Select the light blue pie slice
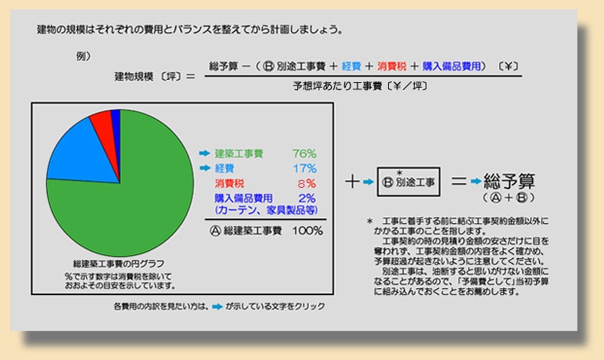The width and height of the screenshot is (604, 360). (x=83, y=154)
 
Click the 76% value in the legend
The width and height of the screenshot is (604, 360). (x=304, y=154)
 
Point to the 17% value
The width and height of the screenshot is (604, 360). (x=304, y=168)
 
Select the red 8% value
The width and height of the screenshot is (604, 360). (x=307, y=183)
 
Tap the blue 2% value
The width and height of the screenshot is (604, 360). (x=307, y=198)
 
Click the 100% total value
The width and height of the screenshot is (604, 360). (x=307, y=231)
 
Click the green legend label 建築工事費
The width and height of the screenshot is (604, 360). (x=239, y=154)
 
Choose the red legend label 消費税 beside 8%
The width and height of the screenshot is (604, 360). (x=229, y=183)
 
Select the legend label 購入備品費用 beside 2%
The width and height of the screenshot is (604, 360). (x=243, y=198)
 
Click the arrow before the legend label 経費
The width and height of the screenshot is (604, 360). (x=205, y=168)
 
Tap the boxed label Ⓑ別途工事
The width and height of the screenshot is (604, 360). (x=408, y=182)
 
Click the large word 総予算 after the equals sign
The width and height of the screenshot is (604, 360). (x=509, y=181)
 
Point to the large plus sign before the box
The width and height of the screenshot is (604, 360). (x=352, y=181)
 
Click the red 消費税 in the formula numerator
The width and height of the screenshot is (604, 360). (x=391, y=67)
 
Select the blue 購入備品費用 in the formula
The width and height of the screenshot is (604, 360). (x=451, y=67)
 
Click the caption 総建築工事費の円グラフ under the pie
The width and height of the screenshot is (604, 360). (x=119, y=264)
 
